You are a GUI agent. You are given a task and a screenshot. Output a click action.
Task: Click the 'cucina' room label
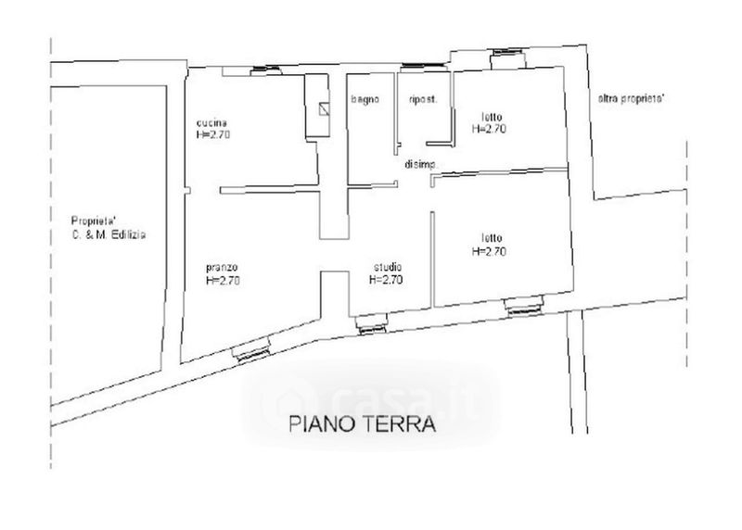[x=211, y=123]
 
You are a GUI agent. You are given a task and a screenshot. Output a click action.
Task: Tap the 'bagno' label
[x=365, y=99]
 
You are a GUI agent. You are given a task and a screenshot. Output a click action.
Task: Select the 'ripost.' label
[x=423, y=100]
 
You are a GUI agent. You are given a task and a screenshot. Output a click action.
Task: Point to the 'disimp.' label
[x=421, y=165]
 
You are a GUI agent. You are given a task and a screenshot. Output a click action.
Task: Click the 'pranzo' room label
[x=222, y=268]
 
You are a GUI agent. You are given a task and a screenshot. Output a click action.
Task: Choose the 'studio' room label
[x=388, y=267]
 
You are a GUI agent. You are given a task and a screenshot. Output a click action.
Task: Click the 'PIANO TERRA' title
[x=362, y=424]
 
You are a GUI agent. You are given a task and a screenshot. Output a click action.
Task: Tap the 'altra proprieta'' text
[x=632, y=99]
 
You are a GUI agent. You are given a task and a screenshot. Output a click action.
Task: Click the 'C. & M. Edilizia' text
[x=109, y=234]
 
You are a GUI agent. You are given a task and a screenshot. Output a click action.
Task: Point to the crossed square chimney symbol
[x=324, y=109]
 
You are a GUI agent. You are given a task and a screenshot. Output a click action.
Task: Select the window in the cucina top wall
[x=266, y=70]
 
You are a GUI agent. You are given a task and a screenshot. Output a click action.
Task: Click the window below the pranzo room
[x=251, y=349]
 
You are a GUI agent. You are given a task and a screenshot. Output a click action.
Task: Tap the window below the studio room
[x=372, y=324]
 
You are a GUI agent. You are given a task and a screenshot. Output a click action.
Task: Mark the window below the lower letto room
[x=524, y=305]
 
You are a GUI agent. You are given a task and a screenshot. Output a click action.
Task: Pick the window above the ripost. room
[x=423, y=67]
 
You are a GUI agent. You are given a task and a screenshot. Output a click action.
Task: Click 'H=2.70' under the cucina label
[x=213, y=134]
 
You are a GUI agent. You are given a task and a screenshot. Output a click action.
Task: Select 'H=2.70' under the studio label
[x=386, y=280]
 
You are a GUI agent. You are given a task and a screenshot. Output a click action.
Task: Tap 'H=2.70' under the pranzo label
[x=223, y=281]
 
